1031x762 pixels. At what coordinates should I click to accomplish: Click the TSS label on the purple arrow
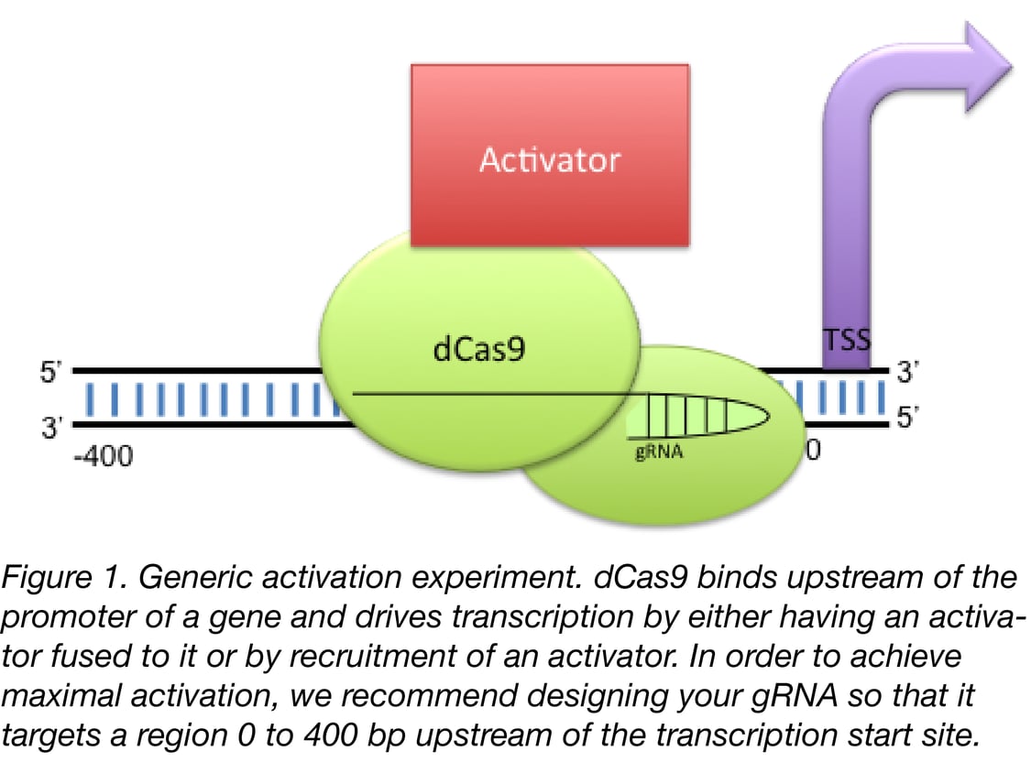[847, 341]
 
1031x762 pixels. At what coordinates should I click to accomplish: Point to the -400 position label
[103, 454]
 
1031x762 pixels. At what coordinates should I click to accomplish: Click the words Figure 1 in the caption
[70, 579]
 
